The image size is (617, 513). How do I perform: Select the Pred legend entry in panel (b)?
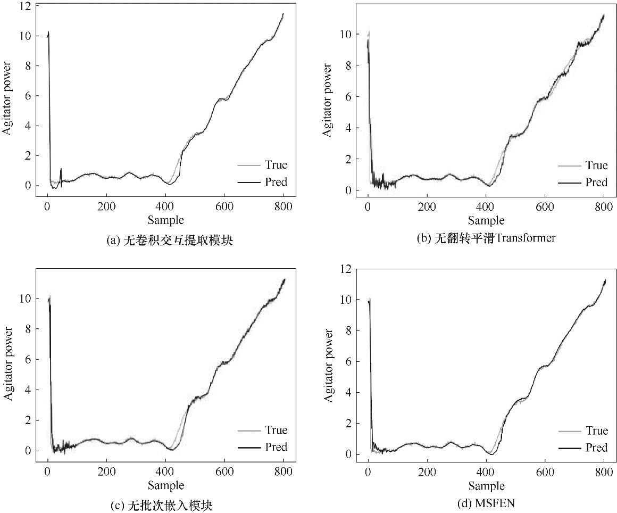(596, 183)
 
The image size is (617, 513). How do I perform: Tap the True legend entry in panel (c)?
(276, 430)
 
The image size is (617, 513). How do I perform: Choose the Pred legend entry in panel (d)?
(596, 448)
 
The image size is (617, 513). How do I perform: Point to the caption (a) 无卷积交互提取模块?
(170, 241)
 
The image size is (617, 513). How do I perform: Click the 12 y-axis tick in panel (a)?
(26, 6)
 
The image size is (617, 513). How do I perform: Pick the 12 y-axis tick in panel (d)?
(346, 269)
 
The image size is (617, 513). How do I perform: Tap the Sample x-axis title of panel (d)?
(487, 486)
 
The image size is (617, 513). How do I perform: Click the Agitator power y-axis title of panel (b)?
(328, 101)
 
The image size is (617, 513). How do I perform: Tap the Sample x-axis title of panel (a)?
(166, 220)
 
